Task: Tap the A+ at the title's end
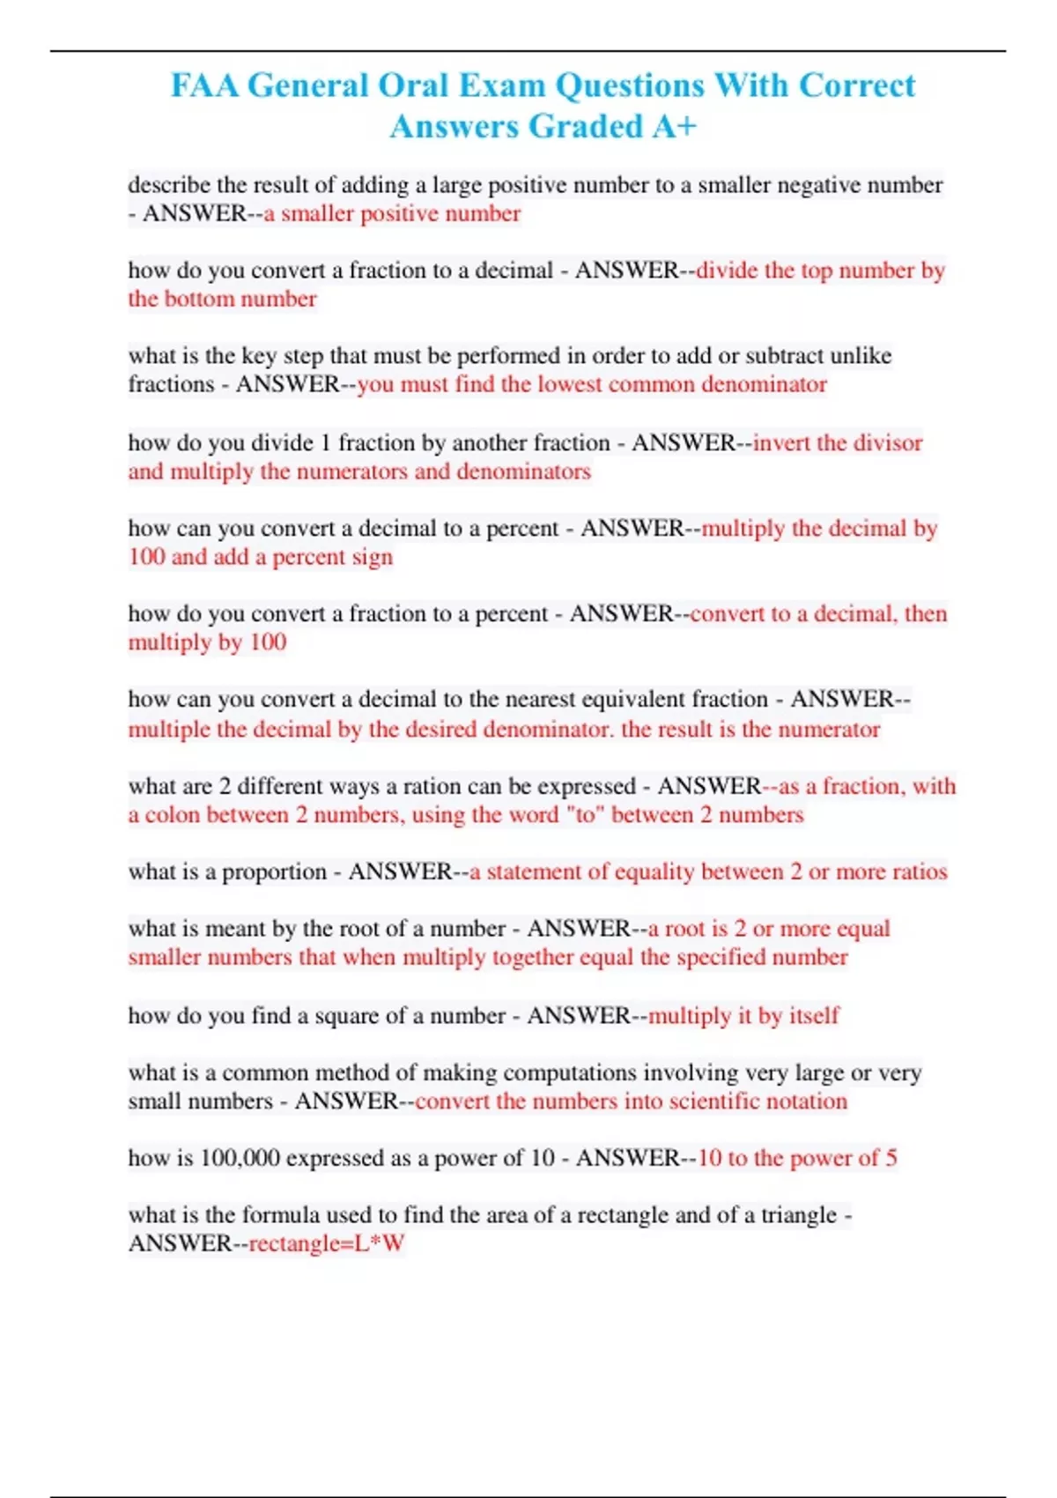point(675,126)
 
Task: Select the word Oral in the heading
point(410,85)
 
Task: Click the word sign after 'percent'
point(373,557)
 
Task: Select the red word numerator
point(828,729)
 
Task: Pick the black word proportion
point(274,871)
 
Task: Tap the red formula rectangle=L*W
point(327,1243)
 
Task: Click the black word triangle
point(799,1215)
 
